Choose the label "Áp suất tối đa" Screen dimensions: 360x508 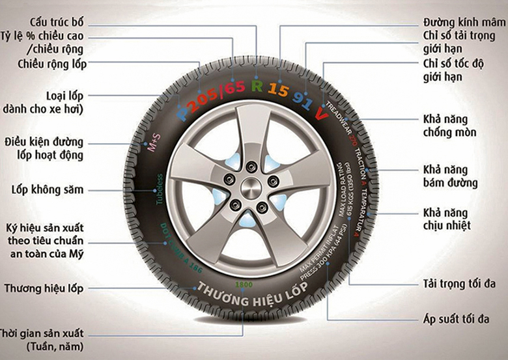click(x=454, y=320)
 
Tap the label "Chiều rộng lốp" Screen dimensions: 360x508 click(x=53, y=63)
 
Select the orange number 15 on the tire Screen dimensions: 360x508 click(x=278, y=90)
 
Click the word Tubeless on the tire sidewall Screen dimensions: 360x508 click(x=159, y=189)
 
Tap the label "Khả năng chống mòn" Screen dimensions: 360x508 click(x=449, y=126)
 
